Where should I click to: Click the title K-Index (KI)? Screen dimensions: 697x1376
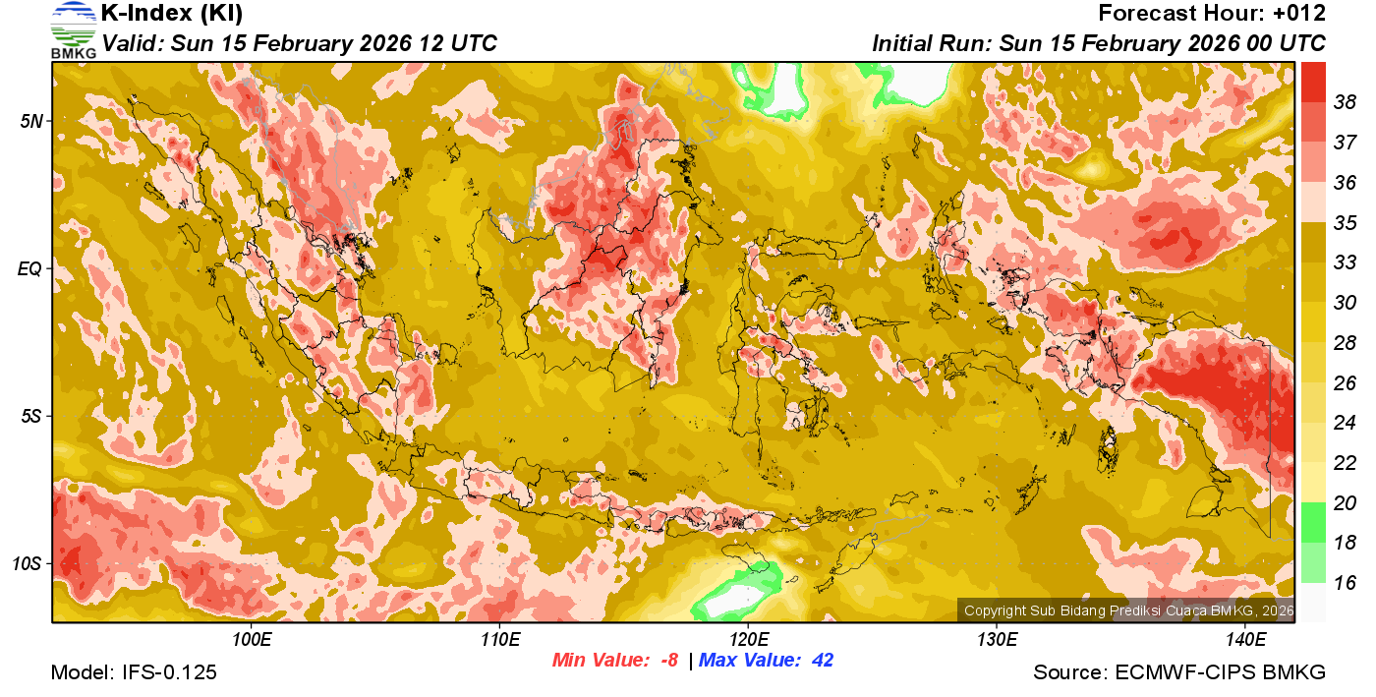coord(172,14)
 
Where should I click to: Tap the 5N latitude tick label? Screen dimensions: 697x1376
coord(29,121)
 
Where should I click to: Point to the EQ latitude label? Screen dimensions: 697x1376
coord(29,268)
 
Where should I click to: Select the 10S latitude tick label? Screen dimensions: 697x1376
coord(26,564)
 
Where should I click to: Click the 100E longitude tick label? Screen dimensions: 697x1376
coord(252,639)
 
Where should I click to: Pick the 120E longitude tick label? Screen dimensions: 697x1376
coord(748,639)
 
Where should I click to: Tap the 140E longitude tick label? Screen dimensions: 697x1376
coord(1245,639)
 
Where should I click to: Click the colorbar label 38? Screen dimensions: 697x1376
coord(1345,102)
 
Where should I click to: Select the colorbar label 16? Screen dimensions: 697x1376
coord(1345,583)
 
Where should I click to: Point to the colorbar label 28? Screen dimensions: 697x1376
coord(1345,343)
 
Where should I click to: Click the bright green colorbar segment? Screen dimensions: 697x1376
coord(1313,522)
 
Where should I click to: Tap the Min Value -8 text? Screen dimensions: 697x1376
coord(615,661)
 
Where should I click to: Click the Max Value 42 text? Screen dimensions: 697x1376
coord(767,661)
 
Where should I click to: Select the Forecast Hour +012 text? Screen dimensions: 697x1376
coord(1212,14)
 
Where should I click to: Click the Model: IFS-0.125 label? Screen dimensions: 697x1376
coord(134,673)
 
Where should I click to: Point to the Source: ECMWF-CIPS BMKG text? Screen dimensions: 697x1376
coord(1179,673)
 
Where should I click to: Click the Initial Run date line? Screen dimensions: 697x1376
coord(1099,44)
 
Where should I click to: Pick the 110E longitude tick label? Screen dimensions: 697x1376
coord(500,639)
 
